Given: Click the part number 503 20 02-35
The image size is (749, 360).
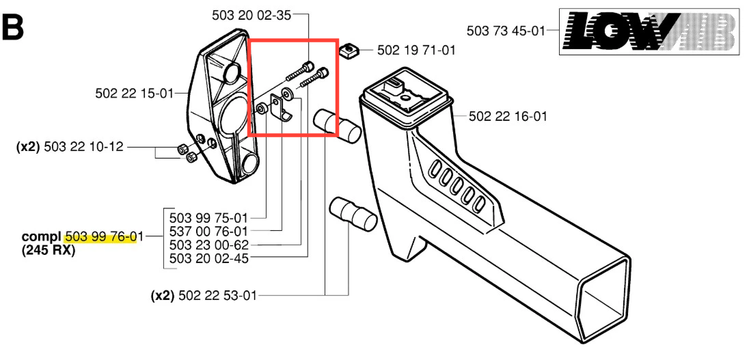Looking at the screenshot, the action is point(251,15).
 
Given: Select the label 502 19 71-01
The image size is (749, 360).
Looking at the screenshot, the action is point(416,50).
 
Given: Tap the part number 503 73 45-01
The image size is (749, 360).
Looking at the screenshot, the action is point(506,31).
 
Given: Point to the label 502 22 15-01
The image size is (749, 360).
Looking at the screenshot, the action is point(134,94).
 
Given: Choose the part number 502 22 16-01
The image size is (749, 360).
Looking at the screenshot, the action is point(508,116).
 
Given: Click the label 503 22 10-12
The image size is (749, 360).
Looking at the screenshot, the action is point(83,147).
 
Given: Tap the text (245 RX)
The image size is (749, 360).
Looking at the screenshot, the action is point(49,250).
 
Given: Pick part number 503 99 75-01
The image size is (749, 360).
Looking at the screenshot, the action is point(208,219).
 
